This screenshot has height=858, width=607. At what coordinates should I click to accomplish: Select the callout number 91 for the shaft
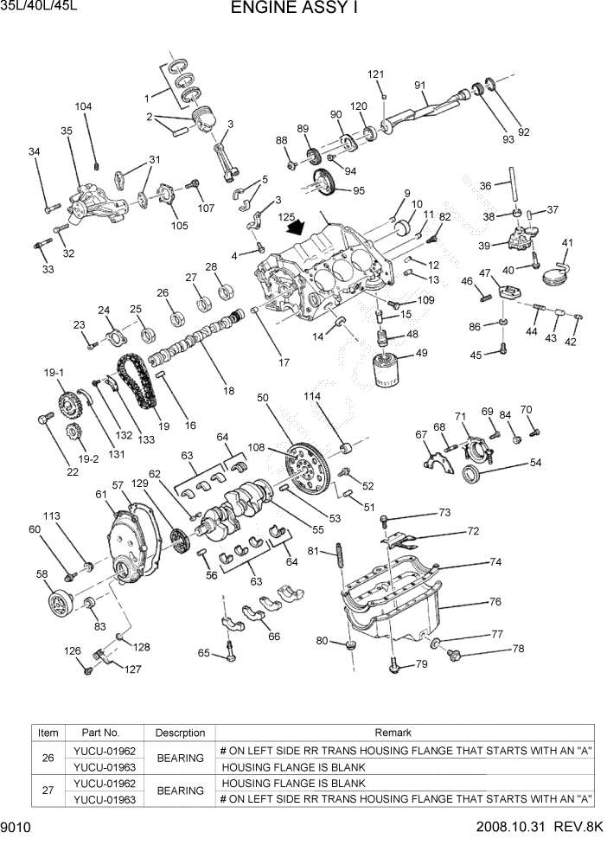pyautogui.click(x=419, y=85)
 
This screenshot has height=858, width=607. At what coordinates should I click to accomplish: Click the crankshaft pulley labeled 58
pyautogui.click(x=61, y=600)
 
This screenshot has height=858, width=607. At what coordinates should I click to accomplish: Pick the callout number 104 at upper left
pyautogui.click(x=83, y=107)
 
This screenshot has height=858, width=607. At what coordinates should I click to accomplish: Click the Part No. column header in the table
pyautogui.click(x=100, y=733)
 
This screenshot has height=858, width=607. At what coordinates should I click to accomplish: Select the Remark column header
pyautogui.click(x=405, y=733)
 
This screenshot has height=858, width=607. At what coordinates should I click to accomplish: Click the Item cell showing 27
pyautogui.click(x=48, y=791)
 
